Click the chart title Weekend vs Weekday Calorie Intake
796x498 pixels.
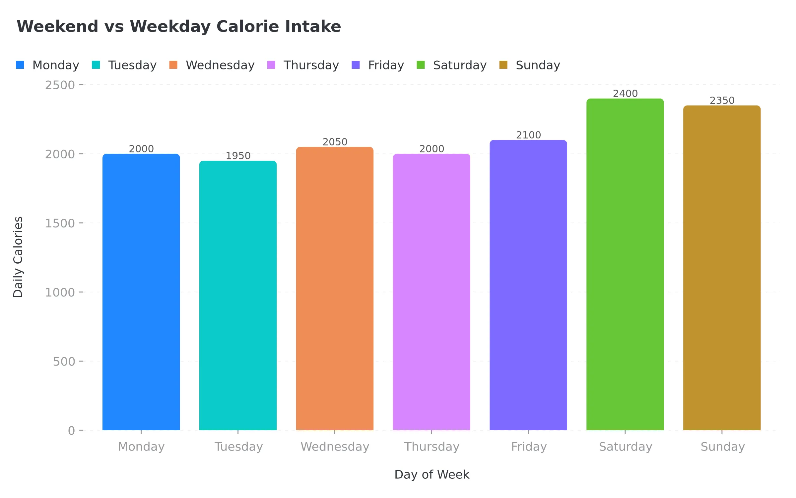(179, 27)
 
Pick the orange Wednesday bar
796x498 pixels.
(335, 289)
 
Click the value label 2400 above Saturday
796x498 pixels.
(625, 94)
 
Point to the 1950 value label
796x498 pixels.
(238, 156)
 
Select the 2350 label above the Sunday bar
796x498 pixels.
(722, 101)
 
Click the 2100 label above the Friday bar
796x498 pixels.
(528, 135)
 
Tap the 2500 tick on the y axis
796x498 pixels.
(60, 85)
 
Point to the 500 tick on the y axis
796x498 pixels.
(64, 362)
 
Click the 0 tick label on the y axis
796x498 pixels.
(71, 431)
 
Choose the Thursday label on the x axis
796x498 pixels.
(431, 447)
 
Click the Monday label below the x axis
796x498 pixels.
(141, 447)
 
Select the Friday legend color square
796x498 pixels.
(356, 65)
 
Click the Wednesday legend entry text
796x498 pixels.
(220, 65)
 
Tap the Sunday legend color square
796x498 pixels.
(503, 65)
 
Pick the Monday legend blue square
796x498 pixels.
(20, 65)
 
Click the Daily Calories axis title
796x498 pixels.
(18, 257)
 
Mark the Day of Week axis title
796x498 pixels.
(431, 474)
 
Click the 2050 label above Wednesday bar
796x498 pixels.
(335, 142)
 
